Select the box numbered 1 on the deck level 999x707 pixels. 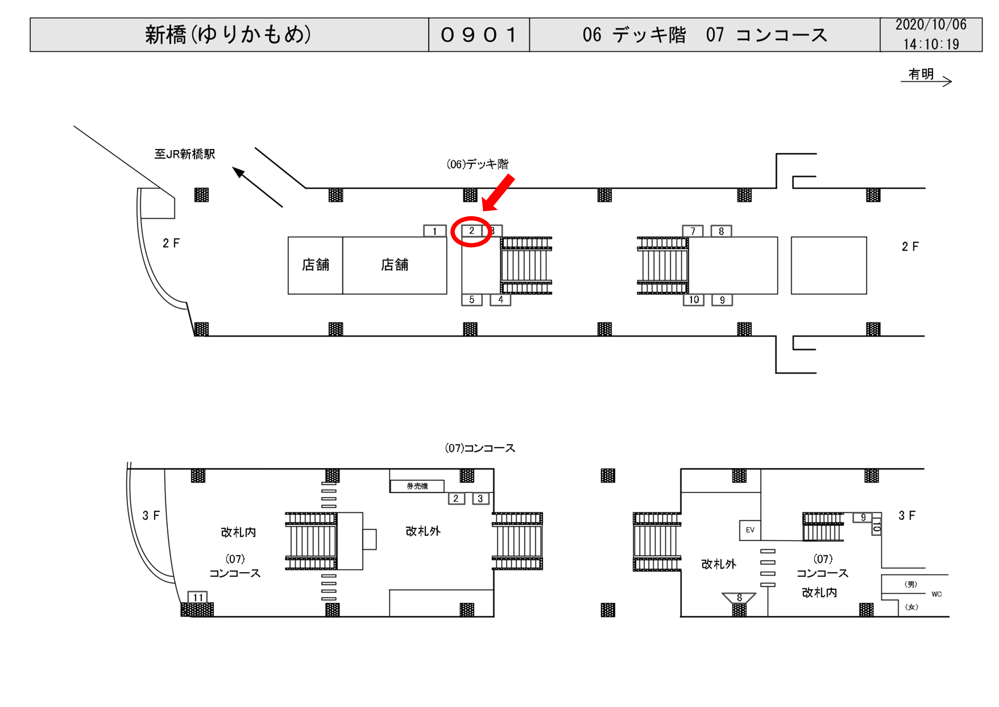coord(435,231)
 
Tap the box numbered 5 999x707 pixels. coord(472,300)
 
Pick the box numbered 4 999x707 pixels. coord(500,300)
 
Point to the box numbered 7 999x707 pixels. coord(693,231)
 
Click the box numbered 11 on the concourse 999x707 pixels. coord(198,597)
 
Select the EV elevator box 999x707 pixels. coord(750,530)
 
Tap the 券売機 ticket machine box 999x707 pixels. coord(417,486)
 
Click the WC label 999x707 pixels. coord(936,594)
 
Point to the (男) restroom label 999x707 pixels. coord(911,584)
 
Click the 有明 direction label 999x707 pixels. coord(921,74)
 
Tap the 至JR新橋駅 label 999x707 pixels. coord(185,154)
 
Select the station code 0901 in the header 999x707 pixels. coord(479,35)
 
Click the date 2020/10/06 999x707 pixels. coord(931,25)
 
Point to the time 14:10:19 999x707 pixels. coord(931,44)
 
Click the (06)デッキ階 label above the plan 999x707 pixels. coord(477,164)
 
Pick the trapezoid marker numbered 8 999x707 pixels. coord(739,598)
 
